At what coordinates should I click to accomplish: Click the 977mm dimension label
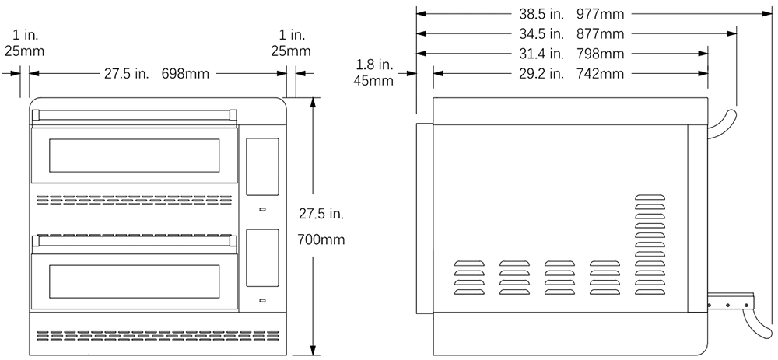coord(600,14)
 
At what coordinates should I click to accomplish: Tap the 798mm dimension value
coord(601,54)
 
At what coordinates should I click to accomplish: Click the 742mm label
coord(601,74)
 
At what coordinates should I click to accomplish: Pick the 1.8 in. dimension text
coord(374,65)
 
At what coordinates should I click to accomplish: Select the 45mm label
coord(373,80)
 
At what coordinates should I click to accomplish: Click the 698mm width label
coord(185,74)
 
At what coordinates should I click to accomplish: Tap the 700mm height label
coord(321,240)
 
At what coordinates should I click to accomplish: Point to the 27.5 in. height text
coord(321,214)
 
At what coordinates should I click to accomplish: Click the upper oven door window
coord(134,156)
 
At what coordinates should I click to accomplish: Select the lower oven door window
coord(134,281)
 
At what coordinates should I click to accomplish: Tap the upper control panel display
coord(262,166)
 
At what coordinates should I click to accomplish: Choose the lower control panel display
coord(262,258)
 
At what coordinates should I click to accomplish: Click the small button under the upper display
coord(262,209)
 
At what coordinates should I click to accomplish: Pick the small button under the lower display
coord(262,300)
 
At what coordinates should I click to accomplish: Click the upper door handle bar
coord(134,116)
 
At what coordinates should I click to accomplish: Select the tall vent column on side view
coord(650,245)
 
